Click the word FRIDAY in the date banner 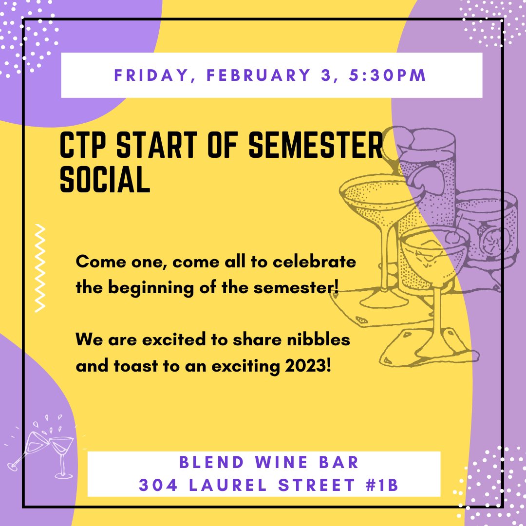[x=149, y=76]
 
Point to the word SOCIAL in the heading [x=104, y=180]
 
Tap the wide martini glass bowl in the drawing [x=375, y=197]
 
